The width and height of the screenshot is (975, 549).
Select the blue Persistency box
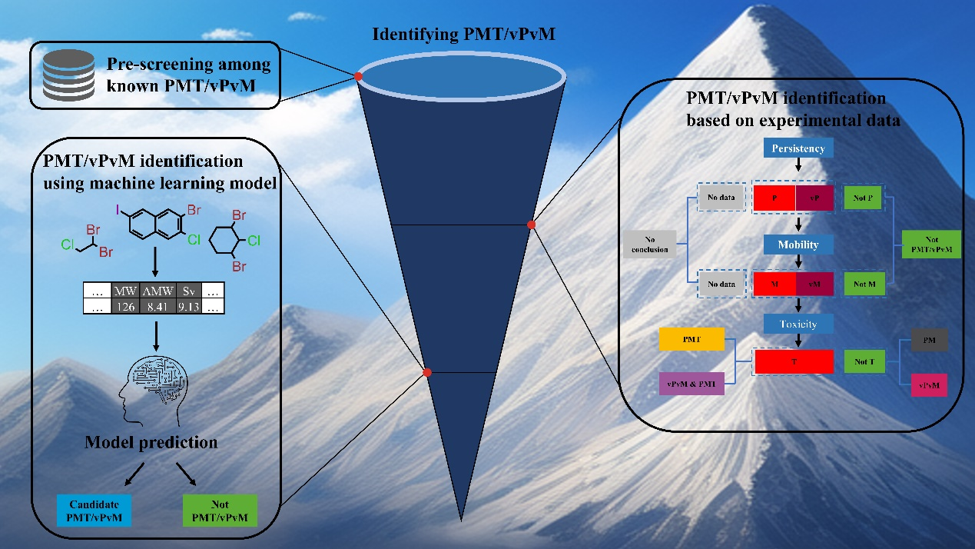tap(798, 148)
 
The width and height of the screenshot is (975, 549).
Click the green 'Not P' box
tap(864, 198)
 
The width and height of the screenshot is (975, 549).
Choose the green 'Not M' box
tap(864, 284)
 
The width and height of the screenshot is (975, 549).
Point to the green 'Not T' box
tap(864, 361)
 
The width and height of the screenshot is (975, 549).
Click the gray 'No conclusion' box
tap(649, 243)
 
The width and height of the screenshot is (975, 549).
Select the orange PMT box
tap(691, 338)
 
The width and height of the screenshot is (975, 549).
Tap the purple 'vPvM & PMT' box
tap(691, 383)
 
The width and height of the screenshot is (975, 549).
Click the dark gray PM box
tap(929, 340)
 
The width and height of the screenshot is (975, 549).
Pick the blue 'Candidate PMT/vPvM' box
tap(93, 509)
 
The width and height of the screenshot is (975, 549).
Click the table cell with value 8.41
tap(158, 306)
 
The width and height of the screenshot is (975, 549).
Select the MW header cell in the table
tap(125, 291)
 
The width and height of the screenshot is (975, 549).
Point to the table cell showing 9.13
tap(190, 306)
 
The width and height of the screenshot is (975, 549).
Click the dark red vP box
tap(815, 198)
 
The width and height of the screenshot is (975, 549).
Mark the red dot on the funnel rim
tap(358, 76)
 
